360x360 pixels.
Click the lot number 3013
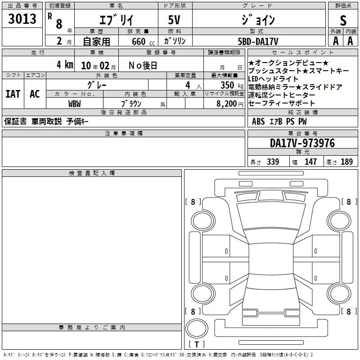pos(22,18)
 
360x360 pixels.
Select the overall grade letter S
pos(343,20)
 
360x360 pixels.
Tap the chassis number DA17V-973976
pos(302,143)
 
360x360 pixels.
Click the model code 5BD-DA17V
pos(258,41)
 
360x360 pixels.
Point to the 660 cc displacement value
pos(143,41)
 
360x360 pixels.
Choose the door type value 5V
pos(174,20)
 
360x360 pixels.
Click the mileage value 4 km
pos(65,64)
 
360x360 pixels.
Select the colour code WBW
pos(74,104)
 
